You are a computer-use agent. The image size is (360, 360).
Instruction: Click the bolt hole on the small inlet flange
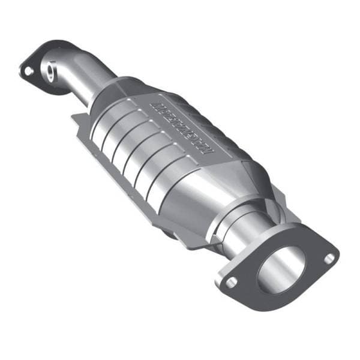[28, 71]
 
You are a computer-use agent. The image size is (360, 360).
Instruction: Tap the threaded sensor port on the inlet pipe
[50, 75]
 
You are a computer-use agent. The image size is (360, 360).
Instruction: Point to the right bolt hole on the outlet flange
[329, 258]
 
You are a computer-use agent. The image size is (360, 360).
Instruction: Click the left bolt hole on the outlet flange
[231, 281]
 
